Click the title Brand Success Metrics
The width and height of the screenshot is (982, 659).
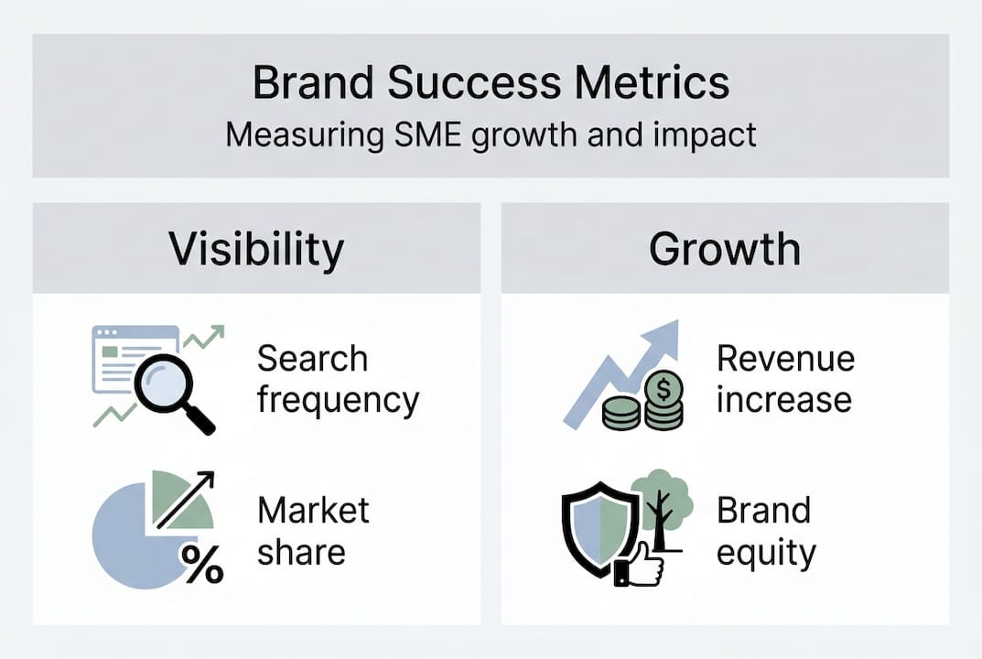(x=491, y=82)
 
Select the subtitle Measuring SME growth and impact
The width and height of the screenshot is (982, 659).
(x=491, y=135)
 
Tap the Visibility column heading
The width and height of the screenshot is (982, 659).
(x=256, y=249)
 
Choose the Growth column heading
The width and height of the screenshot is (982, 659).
(x=725, y=249)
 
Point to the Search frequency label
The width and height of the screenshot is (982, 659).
(x=337, y=379)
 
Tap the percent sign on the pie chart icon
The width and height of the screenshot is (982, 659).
(x=202, y=564)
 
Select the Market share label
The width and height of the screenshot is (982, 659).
(x=313, y=531)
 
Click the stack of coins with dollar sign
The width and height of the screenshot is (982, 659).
(x=661, y=403)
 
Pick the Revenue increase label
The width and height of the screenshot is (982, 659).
(x=785, y=379)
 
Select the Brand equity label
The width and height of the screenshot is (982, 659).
(x=765, y=531)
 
